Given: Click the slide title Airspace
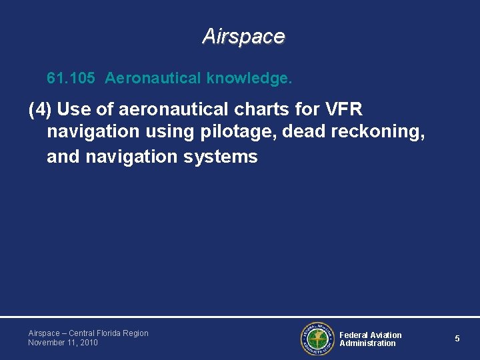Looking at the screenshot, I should pos(243,36).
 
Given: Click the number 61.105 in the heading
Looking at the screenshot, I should pos(71,79).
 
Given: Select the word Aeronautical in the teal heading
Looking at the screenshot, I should pos(153,79).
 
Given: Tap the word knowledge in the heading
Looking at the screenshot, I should pos(249,79).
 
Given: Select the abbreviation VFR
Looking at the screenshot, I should pos(343,109).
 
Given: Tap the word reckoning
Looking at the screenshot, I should pos(378,132).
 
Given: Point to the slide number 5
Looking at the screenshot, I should pos(457,339).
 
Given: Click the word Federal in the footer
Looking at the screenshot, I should pos(354,335).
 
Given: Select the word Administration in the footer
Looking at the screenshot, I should pos(367,343).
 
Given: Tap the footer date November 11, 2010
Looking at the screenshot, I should pos(63,343).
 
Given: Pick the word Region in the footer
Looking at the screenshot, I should pos(136,333).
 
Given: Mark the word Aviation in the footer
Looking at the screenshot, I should pos(386,335).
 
